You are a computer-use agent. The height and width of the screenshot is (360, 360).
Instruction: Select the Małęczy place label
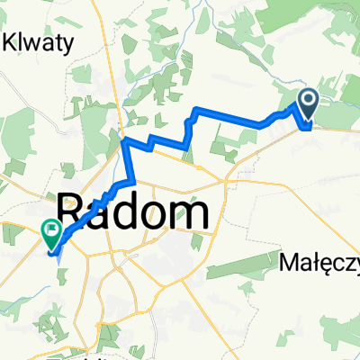tap(319, 264)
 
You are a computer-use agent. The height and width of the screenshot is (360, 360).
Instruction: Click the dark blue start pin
tap(308, 103)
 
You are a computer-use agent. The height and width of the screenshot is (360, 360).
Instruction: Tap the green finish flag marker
tap(49, 235)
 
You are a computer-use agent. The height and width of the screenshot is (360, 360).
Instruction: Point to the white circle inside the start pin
tap(308, 100)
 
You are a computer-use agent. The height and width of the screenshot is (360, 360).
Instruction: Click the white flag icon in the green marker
tap(49, 232)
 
